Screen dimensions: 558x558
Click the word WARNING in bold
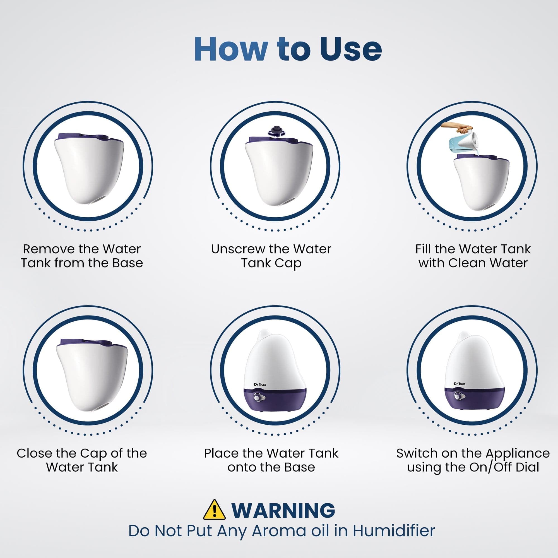[283, 510]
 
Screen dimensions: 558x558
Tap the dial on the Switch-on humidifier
[457, 396]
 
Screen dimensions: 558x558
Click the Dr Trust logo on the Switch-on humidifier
[460, 384]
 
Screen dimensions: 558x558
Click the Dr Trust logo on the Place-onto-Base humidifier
[260, 384]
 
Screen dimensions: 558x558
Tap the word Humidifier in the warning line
[394, 531]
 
